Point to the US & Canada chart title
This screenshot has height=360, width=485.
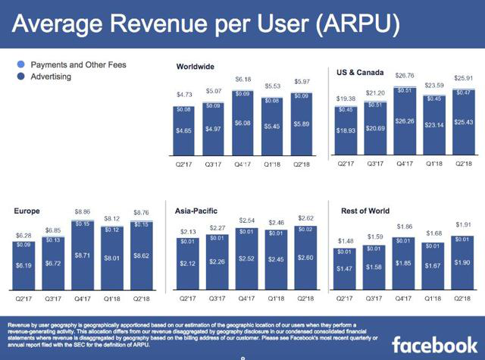(361, 73)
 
